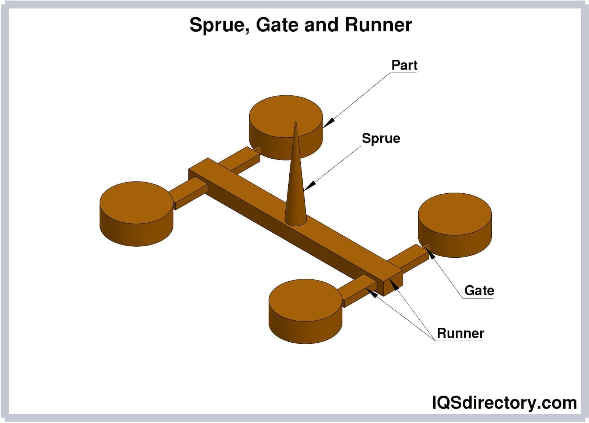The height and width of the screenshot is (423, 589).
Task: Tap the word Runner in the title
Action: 378,25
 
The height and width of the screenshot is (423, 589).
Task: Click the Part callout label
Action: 404,65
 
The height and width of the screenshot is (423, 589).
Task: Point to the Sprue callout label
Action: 381,138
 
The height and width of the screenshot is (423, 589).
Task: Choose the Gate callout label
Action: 479,290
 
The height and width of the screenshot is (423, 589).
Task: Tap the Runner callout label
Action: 460,333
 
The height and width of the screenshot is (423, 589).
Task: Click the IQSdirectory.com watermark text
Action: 504,402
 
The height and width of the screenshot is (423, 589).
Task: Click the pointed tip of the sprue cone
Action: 295,123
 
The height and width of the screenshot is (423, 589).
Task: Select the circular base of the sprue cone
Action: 295,221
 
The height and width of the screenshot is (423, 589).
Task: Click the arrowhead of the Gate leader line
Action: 431,254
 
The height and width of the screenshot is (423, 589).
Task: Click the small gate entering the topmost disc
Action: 258,149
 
